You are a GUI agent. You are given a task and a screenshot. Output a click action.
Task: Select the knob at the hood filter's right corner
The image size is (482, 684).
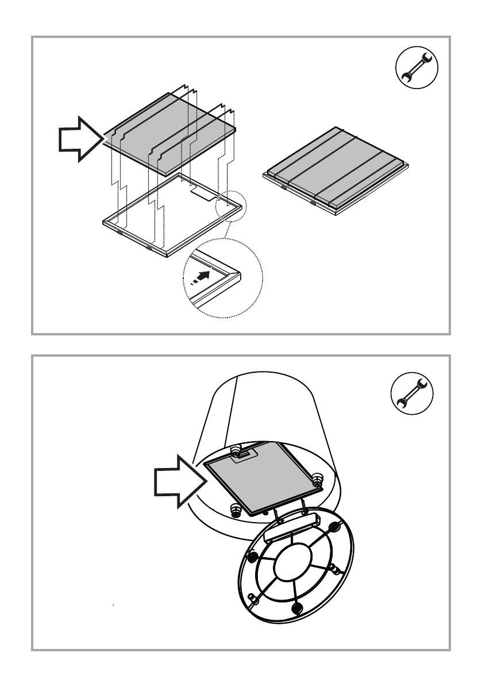pos(315,478)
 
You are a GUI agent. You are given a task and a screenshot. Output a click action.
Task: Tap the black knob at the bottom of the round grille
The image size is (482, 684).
pos(297,607)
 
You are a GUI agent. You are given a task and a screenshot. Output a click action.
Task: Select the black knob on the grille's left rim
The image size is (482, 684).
pos(252,557)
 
